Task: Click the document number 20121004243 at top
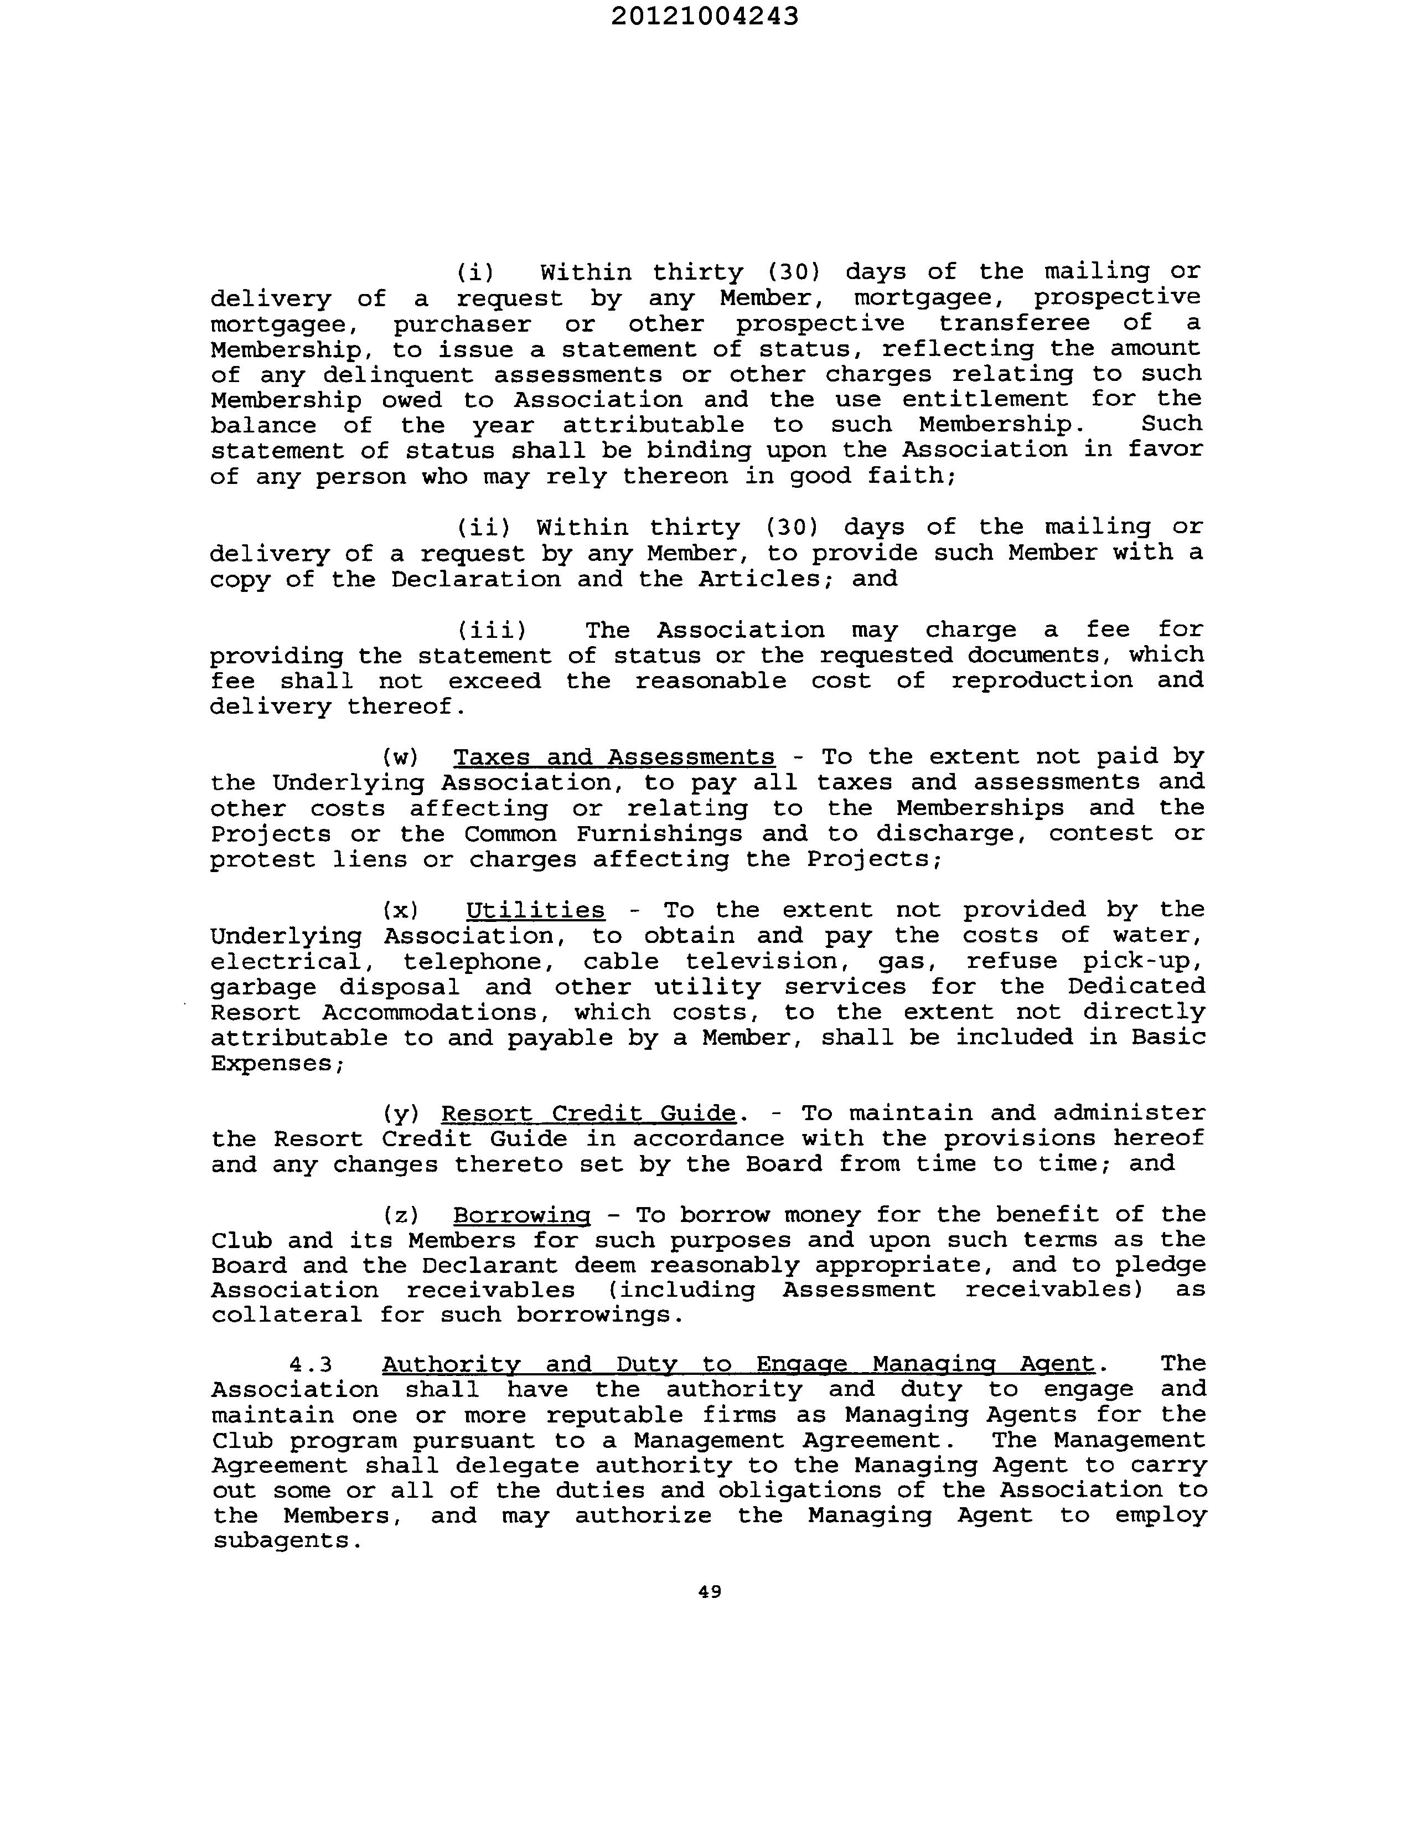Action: point(704,17)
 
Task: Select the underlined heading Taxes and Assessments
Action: point(613,757)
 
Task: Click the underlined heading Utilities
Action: point(535,910)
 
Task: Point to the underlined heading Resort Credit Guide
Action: point(588,1114)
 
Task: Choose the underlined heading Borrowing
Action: point(521,1215)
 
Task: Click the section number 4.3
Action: point(311,1364)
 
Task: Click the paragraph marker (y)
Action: point(400,1115)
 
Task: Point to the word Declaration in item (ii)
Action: point(475,579)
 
